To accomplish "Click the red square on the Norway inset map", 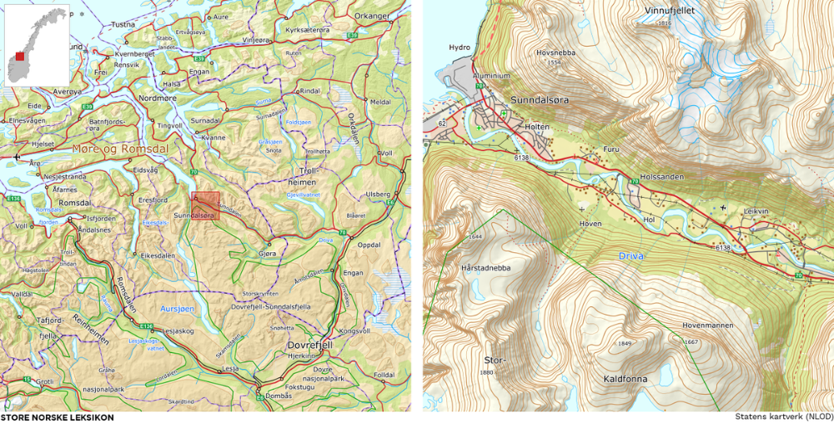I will [x=19, y=58].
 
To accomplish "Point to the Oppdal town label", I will [x=369, y=245].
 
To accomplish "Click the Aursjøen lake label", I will [x=176, y=308].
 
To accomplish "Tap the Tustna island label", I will [x=123, y=24].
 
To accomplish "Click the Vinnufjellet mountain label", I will [x=669, y=11].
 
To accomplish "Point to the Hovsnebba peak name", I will [x=555, y=52].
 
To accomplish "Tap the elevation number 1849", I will [x=625, y=343].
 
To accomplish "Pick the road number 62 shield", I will [x=442, y=124].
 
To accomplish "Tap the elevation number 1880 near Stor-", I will [x=488, y=373].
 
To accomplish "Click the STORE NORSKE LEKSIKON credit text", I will [x=57, y=417].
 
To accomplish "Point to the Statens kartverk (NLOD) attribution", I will [x=784, y=416].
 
